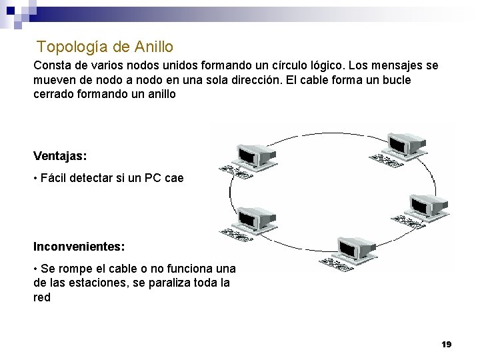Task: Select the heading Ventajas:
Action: click(60, 156)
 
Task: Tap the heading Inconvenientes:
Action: click(79, 247)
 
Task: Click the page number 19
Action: click(446, 344)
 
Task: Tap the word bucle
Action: click(395, 80)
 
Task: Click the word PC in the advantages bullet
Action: click(156, 178)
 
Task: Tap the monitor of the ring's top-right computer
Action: click(405, 141)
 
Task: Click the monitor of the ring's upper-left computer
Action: click(256, 154)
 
